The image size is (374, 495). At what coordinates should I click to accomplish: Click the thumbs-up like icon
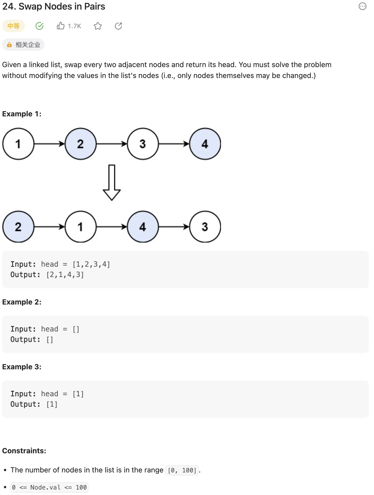tap(60, 26)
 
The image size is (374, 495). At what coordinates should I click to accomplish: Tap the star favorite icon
tap(98, 26)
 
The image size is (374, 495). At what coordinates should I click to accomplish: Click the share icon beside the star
tap(118, 26)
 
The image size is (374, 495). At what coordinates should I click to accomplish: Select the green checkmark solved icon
tap(39, 26)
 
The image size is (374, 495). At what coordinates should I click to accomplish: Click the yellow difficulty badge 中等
tap(13, 26)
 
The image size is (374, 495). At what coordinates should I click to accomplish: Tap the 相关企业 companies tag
tap(23, 45)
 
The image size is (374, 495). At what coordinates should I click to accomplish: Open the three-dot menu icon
tap(362, 6)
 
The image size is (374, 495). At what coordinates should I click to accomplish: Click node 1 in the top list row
tap(18, 144)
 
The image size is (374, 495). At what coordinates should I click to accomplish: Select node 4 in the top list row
tap(205, 144)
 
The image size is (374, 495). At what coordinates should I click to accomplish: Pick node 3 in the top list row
tap(143, 144)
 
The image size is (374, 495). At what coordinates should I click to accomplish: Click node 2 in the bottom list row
tap(18, 227)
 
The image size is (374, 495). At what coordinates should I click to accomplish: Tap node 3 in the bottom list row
tap(205, 227)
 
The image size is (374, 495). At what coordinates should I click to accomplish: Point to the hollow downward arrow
tap(112, 183)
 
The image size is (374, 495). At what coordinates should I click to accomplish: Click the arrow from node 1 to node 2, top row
tap(49, 144)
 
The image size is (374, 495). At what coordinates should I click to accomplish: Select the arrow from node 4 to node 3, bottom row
tap(174, 227)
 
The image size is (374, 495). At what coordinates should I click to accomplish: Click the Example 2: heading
tap(22, 302)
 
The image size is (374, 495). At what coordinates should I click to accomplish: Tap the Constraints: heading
tap(24, 451)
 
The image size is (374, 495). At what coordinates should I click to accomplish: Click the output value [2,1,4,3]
tap(65, 275)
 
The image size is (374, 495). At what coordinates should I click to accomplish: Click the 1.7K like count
tap(74, 26)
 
